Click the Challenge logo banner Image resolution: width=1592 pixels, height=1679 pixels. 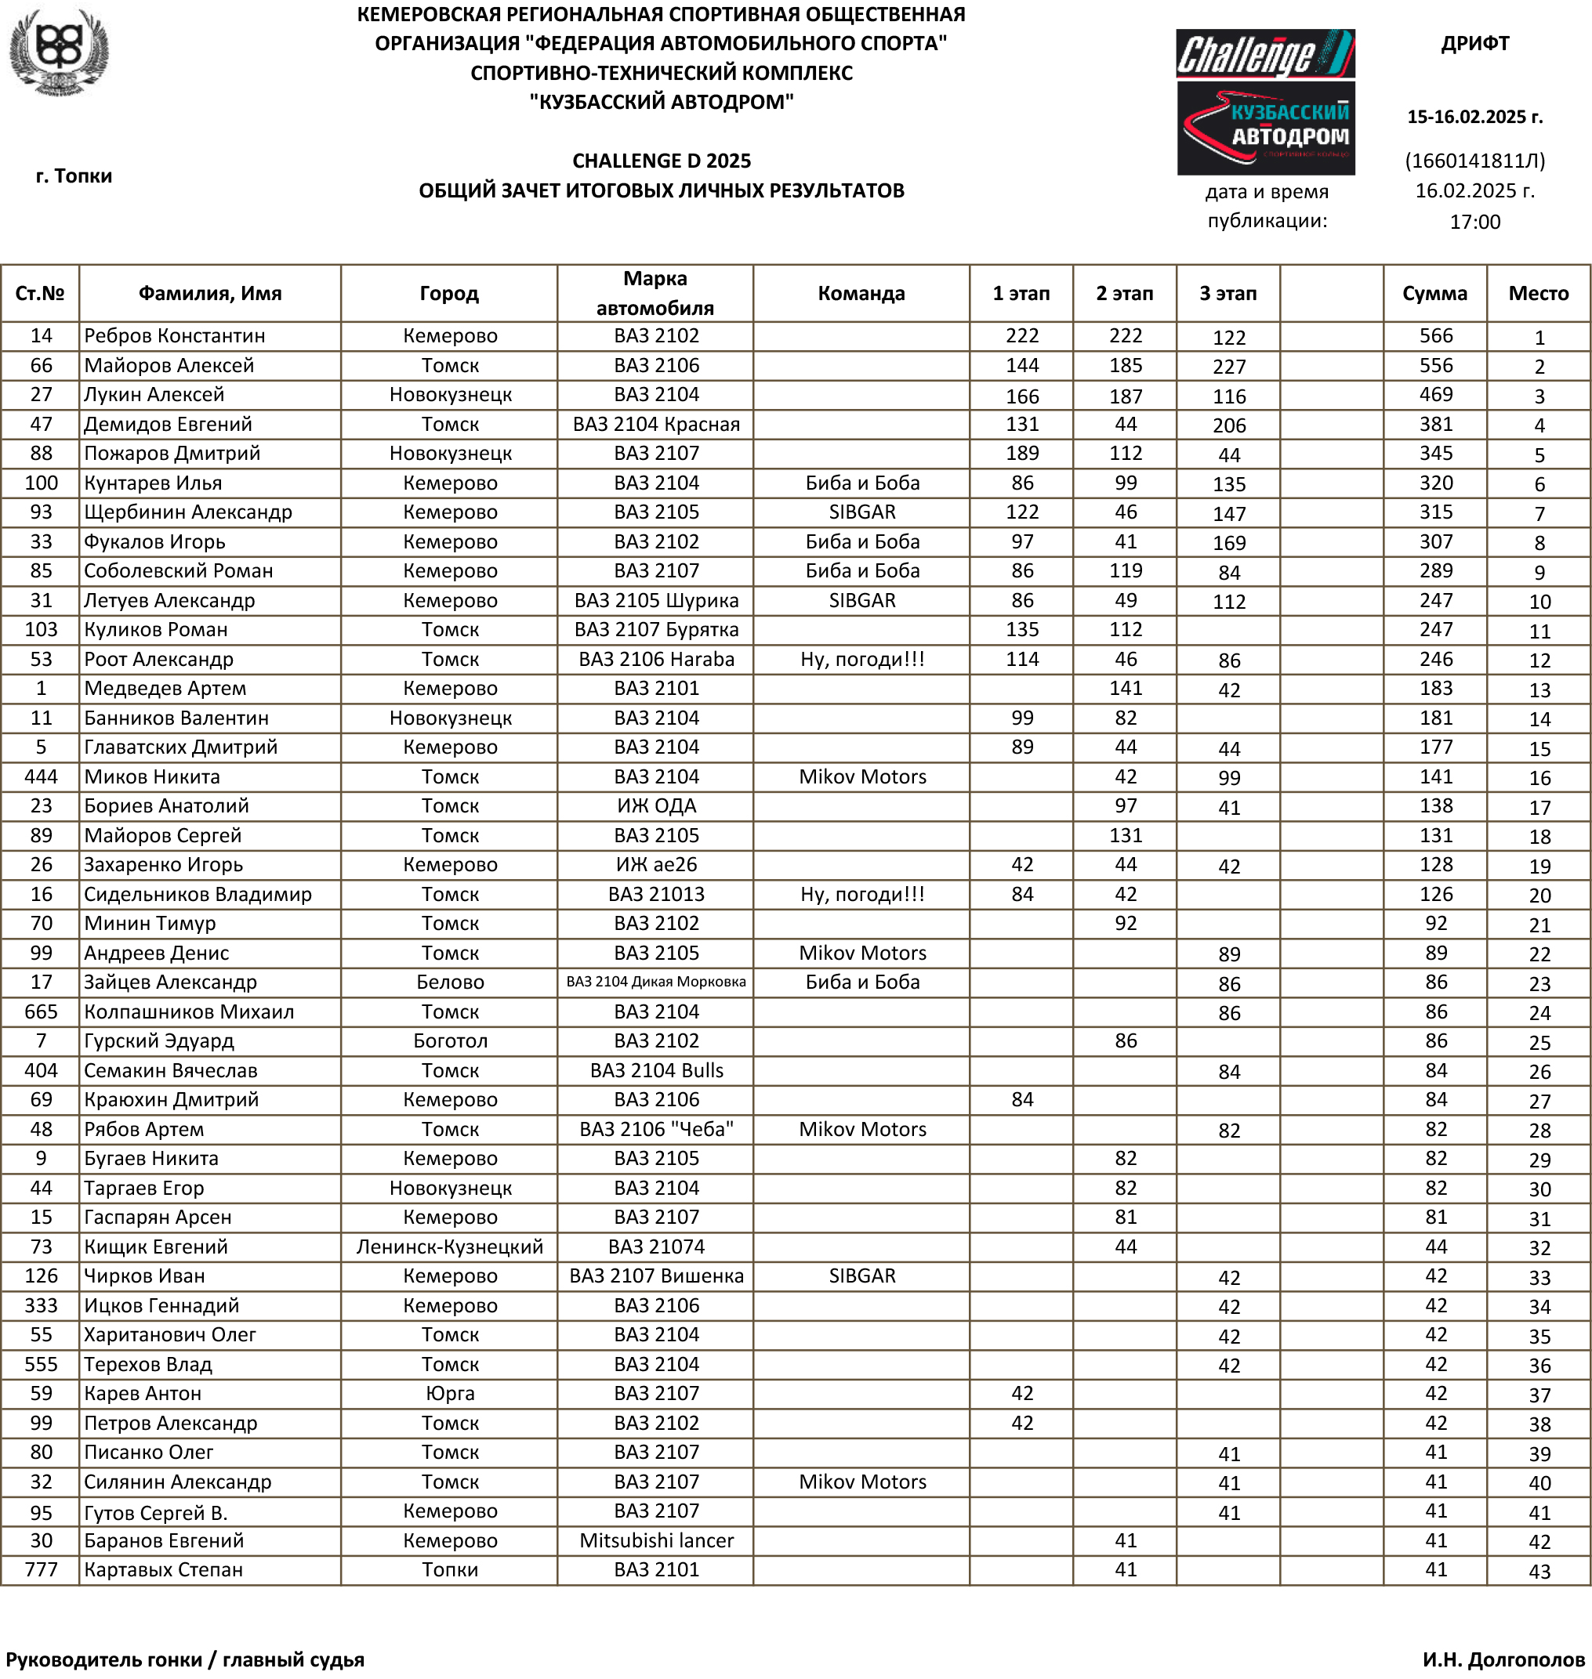click(x=1264, y=54)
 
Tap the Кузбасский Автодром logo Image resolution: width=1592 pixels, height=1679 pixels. click(x=1264, y=129)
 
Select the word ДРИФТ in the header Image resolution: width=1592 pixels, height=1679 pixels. click(x=1475, y=43)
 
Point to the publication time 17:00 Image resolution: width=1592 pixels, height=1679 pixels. click(x=1475, y=223)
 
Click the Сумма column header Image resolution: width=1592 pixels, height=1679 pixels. click(x=1434, y=294)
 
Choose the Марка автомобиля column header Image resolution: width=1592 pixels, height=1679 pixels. click(x=655, y=294)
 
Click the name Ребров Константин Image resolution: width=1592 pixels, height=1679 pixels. click(x=175, y=336)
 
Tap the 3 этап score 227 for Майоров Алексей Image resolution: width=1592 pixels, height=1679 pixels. click(x=1229, y=367)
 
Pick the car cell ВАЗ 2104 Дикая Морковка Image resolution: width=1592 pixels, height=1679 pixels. click(x=656, y=982)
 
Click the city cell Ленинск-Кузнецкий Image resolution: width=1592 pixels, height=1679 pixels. click(x=450, y=1247)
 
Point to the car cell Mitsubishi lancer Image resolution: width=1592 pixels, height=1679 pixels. click(x=656, y=1540)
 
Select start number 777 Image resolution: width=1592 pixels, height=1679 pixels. click(x=41, y=1570)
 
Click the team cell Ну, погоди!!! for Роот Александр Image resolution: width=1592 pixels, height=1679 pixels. click(x=862, y=659)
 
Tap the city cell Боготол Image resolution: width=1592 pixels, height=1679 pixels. click(x=450, y=1041)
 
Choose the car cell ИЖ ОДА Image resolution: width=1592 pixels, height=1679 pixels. click(x=656, y=806)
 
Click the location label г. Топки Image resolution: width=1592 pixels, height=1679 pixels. click(x=74, y=176)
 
